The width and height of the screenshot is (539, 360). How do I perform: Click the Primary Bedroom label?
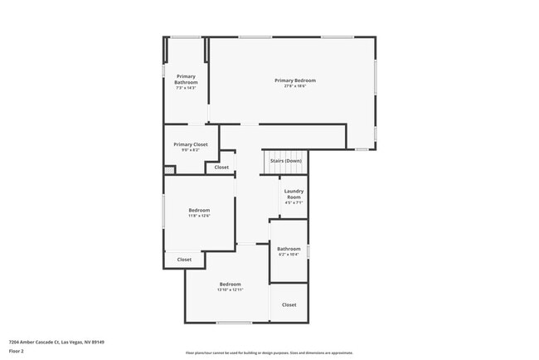point(295,80)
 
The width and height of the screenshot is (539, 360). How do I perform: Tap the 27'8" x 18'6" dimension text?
point(295,86)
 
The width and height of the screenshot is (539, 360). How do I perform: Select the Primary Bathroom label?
point(186,79)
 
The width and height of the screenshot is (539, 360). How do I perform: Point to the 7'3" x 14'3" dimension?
point(186,87)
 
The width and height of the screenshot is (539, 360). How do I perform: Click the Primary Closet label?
point(190,144)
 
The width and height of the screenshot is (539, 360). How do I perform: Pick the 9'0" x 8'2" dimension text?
point(190,150)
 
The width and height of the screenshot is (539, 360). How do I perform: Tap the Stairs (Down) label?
point(285,161)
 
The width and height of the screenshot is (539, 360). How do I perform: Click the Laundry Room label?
point(294,193)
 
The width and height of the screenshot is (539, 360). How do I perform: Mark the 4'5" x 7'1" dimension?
point(294,202)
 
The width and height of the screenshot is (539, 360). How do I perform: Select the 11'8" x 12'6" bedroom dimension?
point(198,216)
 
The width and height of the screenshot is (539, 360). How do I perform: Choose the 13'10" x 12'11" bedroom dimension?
point(230,289)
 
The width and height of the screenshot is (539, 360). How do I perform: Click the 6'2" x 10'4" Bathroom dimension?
point(289,254)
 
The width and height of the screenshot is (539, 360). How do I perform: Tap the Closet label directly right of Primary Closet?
point(221,168)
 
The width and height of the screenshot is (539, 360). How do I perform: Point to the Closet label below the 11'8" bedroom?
point(184,260)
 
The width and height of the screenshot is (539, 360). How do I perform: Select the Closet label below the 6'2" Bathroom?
point(289,305)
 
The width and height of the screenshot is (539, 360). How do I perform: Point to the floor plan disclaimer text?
point(269,353)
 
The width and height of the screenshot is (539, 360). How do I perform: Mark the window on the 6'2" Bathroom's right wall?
point(308,251)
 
